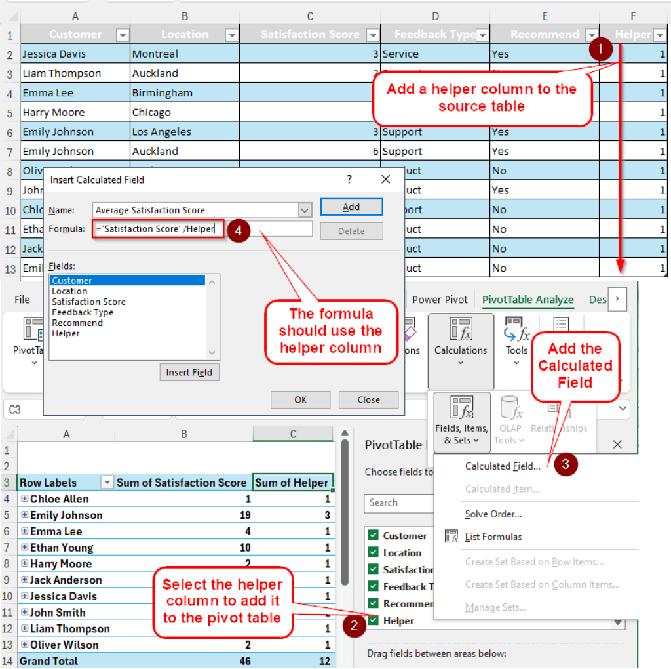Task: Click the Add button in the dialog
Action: [x=351, y=207]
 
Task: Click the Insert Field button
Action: [x=189, y=373]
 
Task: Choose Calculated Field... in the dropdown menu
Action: [x=503, y=466]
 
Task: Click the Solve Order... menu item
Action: [x=493, y=514]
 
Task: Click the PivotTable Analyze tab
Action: [x=527, y=300]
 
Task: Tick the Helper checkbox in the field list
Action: [x=374, y=620]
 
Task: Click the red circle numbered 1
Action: [x=601, y=50]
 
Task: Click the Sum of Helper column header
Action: [x=292, y=483]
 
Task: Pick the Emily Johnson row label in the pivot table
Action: [x=66, y=515]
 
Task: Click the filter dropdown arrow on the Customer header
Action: [x=122, y=35]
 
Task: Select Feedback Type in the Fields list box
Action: [x=83, y=312]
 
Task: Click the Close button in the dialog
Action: [x=368, y=399]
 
